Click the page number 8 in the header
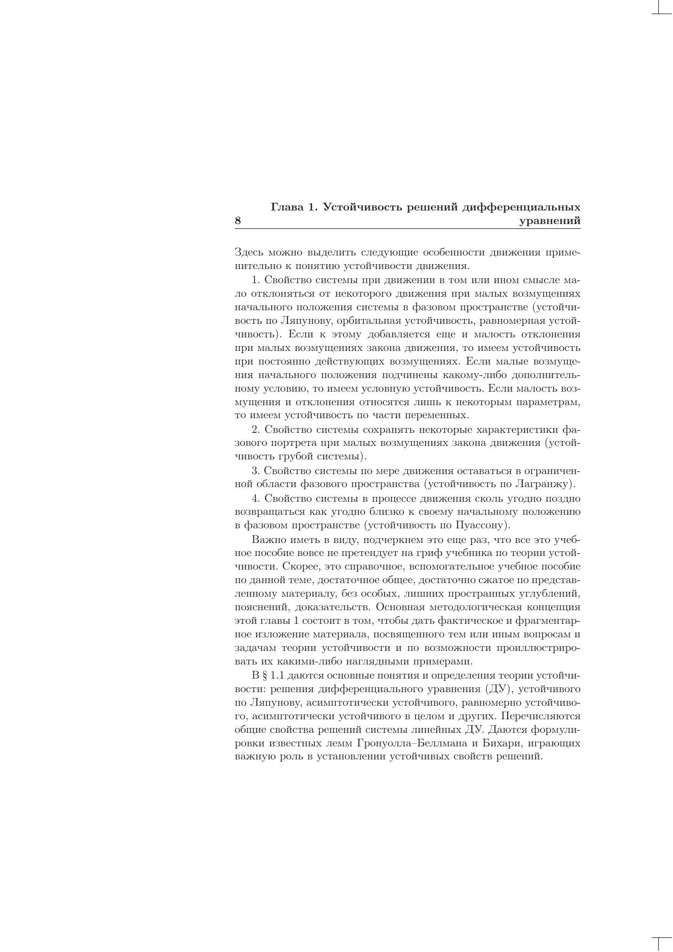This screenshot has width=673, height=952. (x=238, y=221)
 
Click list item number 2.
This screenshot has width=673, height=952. (x=254, y=430)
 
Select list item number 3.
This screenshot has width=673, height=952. (x=254, y=470)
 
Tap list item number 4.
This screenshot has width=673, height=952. (x=254, y=498)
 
